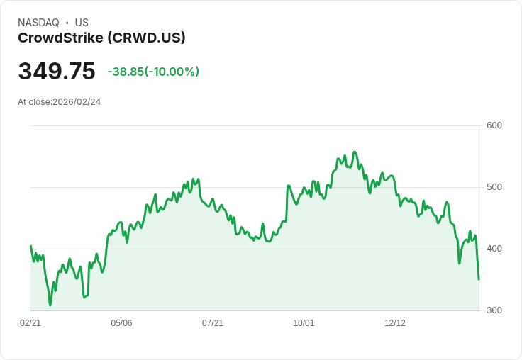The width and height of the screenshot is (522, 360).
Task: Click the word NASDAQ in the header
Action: tap(38, 23)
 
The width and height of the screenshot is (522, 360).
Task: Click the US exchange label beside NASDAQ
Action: tap(82, 23)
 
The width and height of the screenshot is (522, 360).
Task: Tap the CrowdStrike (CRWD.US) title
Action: tap(101, 38)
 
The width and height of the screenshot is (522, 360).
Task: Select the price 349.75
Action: tap(57, 72)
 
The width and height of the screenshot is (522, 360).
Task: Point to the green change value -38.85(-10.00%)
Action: tap(153, 72)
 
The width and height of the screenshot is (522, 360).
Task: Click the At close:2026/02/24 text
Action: tap(59, 102)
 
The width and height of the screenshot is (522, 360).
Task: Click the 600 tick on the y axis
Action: tap(494, 125)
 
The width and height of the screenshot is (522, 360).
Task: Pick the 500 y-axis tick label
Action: tap(494, 187)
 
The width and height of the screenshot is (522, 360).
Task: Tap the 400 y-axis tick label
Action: tap(494, 249)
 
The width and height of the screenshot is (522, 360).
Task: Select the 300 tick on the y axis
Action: tap(494, 310)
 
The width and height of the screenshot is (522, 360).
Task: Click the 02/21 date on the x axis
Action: tap(30, 323)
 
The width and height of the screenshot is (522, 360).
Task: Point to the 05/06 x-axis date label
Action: tap(121, 323)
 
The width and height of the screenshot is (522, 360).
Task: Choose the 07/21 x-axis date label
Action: tap(213, 323)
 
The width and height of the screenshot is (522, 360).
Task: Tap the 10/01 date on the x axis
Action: tap(304, 323)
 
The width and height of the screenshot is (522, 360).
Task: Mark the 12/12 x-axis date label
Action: tap(395, 323)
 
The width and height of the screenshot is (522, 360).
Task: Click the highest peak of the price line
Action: tap(355, 152)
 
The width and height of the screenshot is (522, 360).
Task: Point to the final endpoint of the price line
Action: tap(479, 279)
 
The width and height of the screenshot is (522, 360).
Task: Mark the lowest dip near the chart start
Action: tap(50, 305)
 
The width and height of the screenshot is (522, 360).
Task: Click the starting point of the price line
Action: tap(30, 246)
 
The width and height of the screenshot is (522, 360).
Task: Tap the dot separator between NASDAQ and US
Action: tap(67, 23)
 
